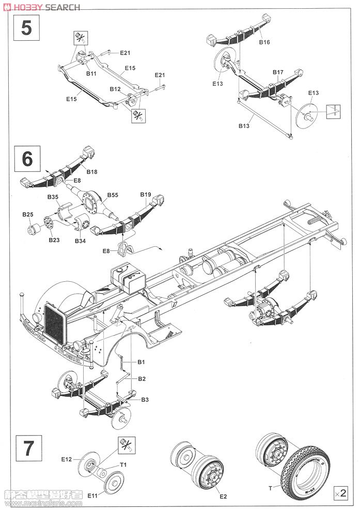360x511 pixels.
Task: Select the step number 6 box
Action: coord(27,158)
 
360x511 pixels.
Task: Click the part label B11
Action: coord(91,74)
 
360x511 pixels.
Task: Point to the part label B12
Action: coord(115,89)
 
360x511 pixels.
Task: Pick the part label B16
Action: coord(264,42)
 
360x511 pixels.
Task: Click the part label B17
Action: coord(277,72)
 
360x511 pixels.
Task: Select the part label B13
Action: coord(244,125)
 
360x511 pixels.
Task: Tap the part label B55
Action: coord(113,195)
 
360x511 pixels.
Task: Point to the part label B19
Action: coord(145,195)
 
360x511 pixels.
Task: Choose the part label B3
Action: coord(145,400)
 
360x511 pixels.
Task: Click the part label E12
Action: coord(67,458)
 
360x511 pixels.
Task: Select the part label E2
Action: coord(223,497)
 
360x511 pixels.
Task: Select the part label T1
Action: coord(123,465)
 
